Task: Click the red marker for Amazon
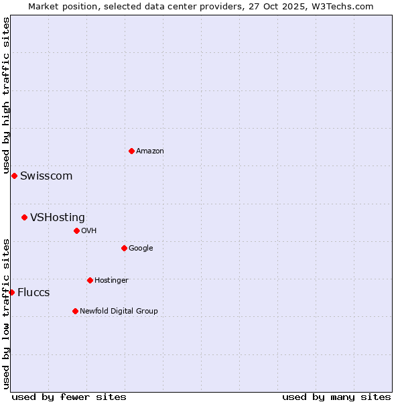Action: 131,151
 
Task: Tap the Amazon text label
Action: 150,151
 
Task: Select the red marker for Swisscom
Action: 14,176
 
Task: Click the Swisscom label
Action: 46,176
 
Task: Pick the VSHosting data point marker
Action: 24,217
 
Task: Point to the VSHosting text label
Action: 58,218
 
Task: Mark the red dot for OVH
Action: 76,230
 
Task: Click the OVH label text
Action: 89,231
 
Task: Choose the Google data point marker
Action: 124,248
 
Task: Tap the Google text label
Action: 141,249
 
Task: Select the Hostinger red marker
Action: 90,280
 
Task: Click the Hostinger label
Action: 111,281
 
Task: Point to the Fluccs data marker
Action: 11,292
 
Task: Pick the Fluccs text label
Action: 33,293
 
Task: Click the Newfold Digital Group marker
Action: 75,311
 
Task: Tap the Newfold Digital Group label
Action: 119,312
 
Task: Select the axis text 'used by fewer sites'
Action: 69,397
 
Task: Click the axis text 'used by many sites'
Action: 336,397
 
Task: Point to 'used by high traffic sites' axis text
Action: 6,96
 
